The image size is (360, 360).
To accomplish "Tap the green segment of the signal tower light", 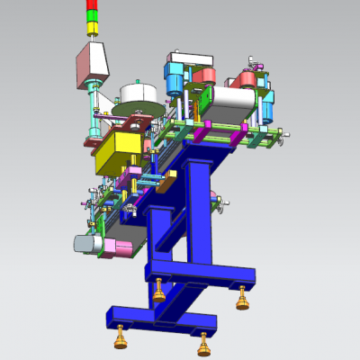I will pyautogui.click(x=91, y=16).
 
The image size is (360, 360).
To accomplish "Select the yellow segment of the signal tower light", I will pyautogui.click(x=91, y=28).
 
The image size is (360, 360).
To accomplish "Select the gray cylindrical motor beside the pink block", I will pyautogui.click(x=86, y=243).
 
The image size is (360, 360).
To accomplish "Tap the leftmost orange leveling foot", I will pyautogui.click(x=119, y=340).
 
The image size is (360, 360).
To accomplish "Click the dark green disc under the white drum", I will pyautogui.click(x=135, y=112).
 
